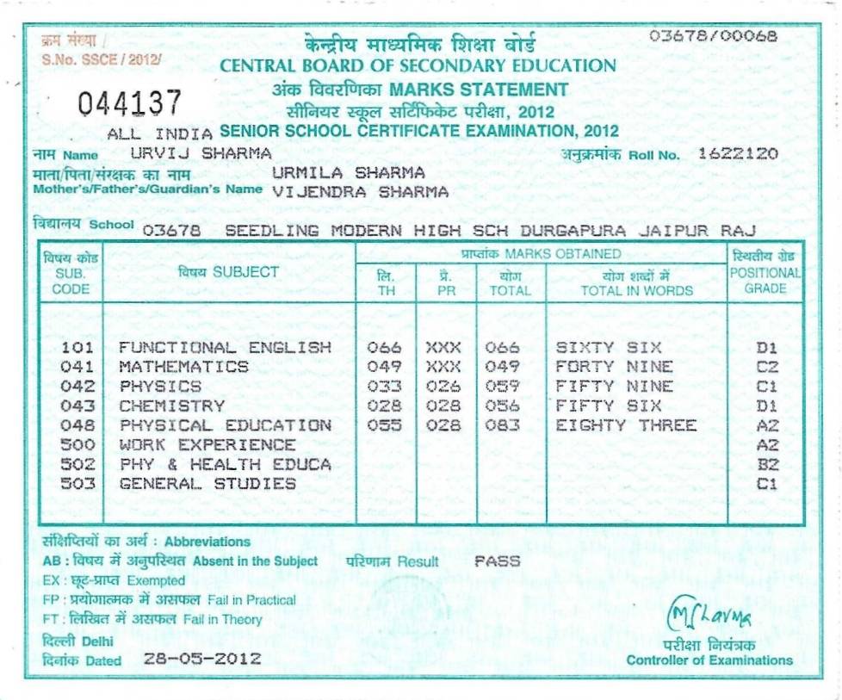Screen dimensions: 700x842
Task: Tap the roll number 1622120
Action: click(738, 154)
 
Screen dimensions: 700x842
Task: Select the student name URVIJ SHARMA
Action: click(201, 153)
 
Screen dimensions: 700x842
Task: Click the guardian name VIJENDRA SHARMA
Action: click(361, 192)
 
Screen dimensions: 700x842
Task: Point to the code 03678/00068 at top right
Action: click(713, 36)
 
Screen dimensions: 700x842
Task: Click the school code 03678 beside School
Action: click(172, 230)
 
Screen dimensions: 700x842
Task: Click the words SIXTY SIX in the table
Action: click(609, 348)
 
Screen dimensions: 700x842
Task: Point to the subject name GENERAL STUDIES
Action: click(207, 484)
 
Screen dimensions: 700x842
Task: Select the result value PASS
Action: click(498, 561)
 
